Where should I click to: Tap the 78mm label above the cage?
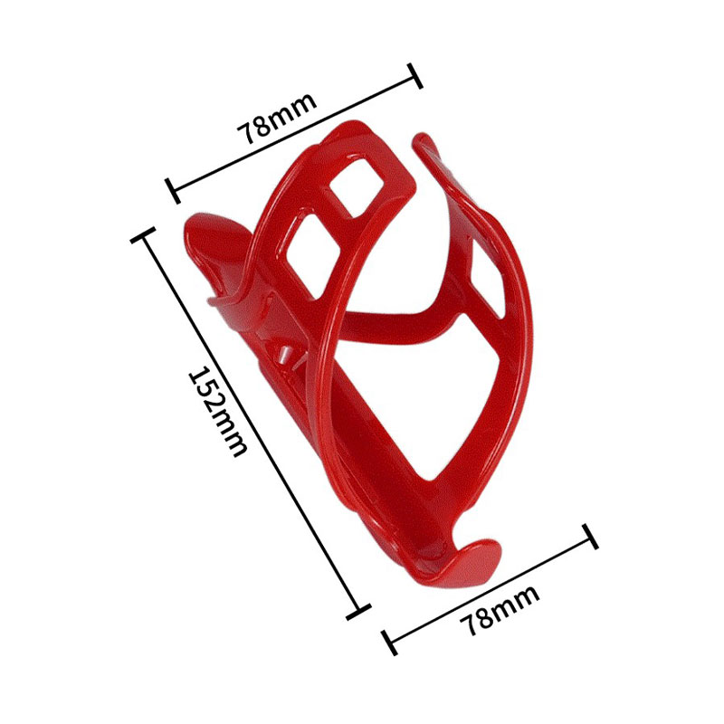(277, 119)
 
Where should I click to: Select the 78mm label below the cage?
(500, 609)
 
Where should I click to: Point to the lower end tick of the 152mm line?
(358, 611)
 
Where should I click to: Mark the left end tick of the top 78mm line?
(173, 190)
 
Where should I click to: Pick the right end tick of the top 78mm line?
(415, 75)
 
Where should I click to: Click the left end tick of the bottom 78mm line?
(390, 643)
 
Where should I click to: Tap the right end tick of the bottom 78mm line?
(591, 536)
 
